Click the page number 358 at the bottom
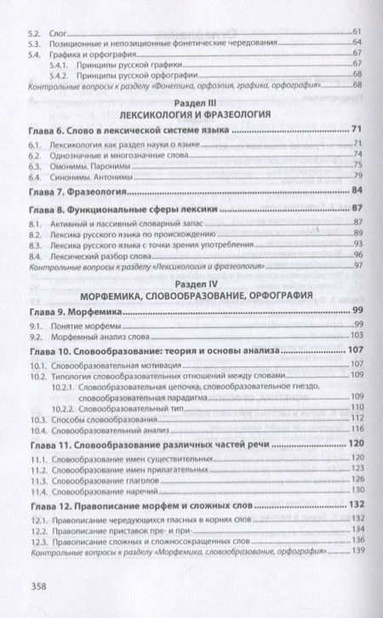(40, 586)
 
